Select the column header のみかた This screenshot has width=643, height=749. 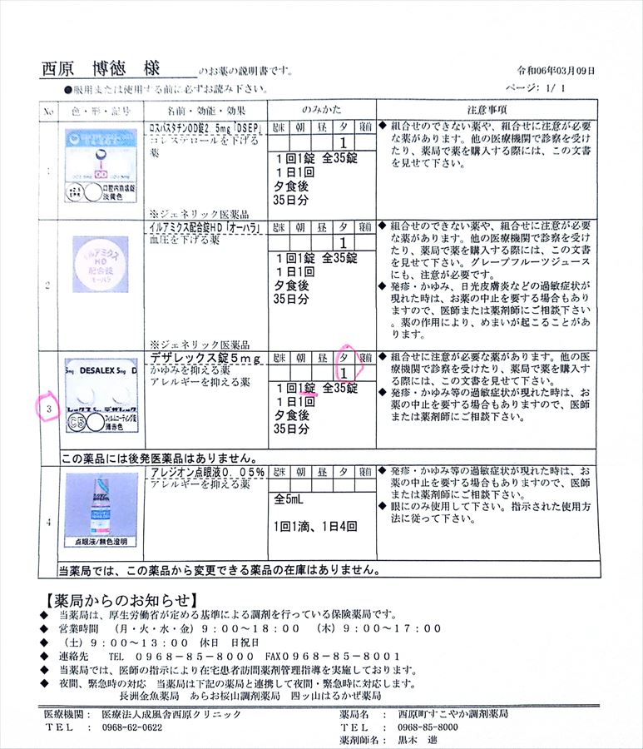321,109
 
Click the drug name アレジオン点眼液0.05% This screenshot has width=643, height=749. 207,472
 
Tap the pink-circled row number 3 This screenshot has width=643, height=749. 48,409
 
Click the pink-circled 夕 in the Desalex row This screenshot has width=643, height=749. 344,357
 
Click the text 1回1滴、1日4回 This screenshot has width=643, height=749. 315,526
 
